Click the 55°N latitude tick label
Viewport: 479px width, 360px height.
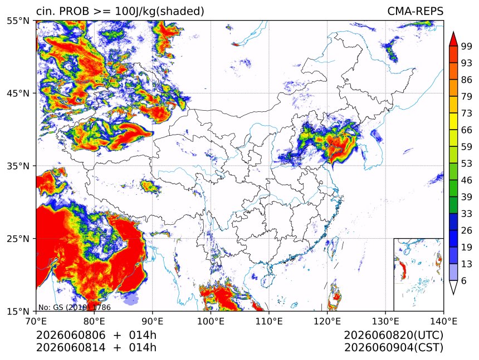[18, 21]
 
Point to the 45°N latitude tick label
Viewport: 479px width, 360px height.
[18, 93]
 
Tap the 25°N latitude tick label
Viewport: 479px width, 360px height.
[18, 238]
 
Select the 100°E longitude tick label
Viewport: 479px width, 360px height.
[211, 321]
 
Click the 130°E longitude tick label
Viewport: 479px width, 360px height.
[385, 321]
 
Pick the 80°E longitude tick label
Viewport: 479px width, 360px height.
[94, 321]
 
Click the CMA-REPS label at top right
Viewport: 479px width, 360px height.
[415, 11]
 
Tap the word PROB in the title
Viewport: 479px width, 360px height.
[74, 11]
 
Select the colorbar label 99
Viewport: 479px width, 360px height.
[467, 46]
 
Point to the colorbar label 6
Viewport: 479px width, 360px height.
[464, 280]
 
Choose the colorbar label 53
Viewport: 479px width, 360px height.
[467, 164]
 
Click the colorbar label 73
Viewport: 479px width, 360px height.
[467, 113]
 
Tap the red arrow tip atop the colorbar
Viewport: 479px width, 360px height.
[453, 32]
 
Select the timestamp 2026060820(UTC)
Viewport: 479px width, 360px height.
[393, 335]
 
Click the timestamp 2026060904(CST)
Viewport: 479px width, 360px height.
[393, 348]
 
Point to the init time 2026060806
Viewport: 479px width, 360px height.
[71, 335]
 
